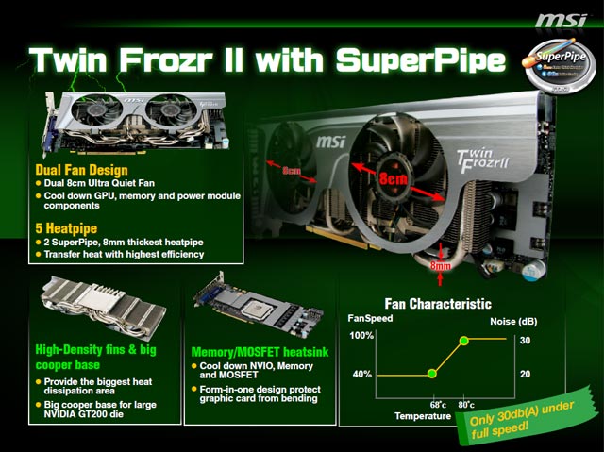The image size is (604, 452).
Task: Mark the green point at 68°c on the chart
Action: [x=432, y=374]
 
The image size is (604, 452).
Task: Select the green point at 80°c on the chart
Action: [x=463, y=339]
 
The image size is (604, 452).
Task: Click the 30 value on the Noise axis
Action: [x=525, y=340]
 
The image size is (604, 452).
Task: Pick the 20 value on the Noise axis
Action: [x=525, y=375]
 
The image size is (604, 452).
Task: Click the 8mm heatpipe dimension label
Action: [x=441, y=267]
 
